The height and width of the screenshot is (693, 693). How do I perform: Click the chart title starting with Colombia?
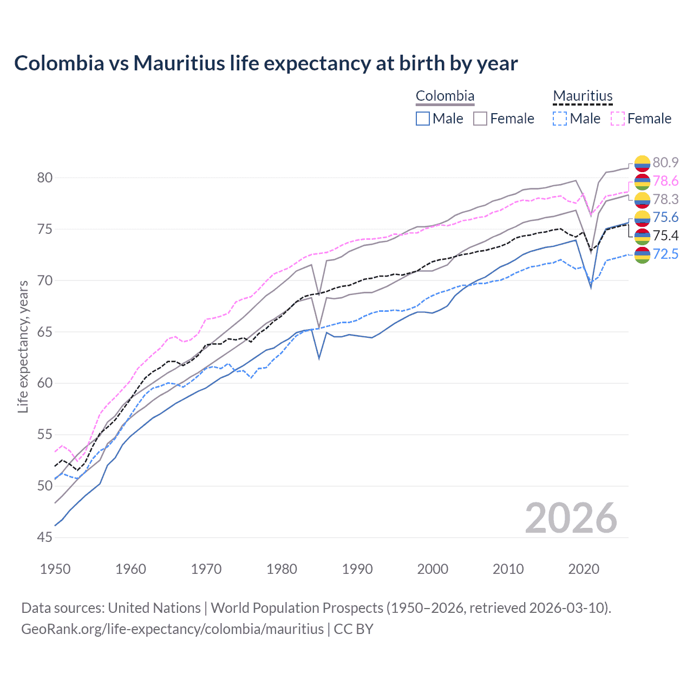click(x=266, y=63)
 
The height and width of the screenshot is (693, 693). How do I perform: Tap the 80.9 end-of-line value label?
click(x=665, y=162)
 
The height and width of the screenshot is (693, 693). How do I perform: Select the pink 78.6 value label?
click(x=665, y=181)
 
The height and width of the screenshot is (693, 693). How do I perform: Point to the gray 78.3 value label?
click(x=665, y=199)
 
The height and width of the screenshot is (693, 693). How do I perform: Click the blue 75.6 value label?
click(x=665, y=217)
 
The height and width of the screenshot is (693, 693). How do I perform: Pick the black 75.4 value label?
click(x=665, y=236)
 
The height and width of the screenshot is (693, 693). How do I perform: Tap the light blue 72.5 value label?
click(x=665, y=253)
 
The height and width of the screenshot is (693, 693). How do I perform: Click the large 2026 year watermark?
click(x=571, y=518)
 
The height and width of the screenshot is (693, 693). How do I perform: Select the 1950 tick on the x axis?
click(x=55, y=569)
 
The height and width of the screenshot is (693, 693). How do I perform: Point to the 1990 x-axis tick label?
click(x=357, y=569)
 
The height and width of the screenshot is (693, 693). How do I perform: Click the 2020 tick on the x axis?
click(x=584, y=569)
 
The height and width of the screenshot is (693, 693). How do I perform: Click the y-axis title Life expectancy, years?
click(x=23, y=346)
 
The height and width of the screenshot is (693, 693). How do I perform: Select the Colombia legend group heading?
click(x=444, y=96)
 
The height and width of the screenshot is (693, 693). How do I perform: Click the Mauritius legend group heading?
click(x=583, y=96)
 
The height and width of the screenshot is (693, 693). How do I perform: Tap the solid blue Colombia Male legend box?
click(x=423, y=119)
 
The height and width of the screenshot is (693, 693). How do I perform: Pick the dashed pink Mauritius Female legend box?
click(x=618, y=119)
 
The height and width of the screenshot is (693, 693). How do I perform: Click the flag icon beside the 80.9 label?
click(x=642, y=162)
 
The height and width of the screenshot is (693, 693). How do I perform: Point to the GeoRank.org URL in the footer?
click(x=172, y=629)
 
